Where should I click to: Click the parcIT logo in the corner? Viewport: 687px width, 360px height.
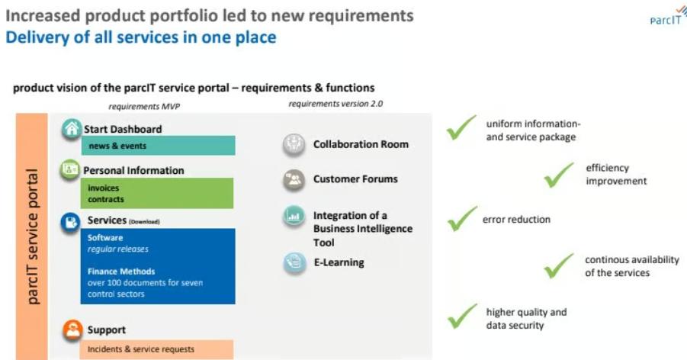[x=662, y=16]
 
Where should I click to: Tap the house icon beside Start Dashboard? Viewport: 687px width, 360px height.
[x=71, y=129]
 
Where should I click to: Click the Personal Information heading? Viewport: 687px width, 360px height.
[x=133, y=170]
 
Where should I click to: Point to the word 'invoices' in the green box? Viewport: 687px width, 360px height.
[x=104, y=188]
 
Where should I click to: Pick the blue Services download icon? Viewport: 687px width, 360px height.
[x=71, y=222]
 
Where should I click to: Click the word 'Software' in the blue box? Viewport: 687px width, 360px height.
[x=105, y=238]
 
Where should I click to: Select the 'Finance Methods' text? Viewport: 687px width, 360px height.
[x=121, y=272]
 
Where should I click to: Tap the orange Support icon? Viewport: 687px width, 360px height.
[x=72, y=330]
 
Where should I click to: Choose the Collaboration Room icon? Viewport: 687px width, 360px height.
[x=294, y=144]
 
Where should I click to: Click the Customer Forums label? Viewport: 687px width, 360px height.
[x=355, y=179]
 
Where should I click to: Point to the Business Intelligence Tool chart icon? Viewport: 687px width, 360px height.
[x=294, y=217]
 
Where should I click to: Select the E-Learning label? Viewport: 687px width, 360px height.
[x=339, y=262]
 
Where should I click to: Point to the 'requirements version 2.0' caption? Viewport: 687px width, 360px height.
[x=335, y=103]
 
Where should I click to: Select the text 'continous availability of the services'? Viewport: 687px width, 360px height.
[x=631, y=266]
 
